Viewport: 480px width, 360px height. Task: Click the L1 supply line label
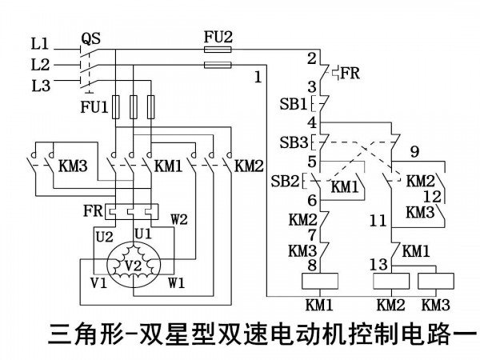pos(40,44)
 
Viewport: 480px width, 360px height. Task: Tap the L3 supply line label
pos(41,86)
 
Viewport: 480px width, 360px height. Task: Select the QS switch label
pos(91,39)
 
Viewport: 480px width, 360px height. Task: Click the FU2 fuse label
pos(218,38)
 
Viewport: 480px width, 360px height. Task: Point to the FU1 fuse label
pos(94,107)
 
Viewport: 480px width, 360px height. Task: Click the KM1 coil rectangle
pos(320,281)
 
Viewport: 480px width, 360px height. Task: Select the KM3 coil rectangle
pos(436,281)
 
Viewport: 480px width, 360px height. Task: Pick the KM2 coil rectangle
pos(391,281)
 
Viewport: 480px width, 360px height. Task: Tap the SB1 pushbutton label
pos(294,104)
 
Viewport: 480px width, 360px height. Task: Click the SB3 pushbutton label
pos(294,142)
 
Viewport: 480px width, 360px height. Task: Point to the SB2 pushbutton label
pos(285,182)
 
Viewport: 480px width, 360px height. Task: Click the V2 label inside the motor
pos(134,266)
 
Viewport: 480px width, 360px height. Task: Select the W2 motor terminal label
pos(179,219)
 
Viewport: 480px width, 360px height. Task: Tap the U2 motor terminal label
pos(105,237)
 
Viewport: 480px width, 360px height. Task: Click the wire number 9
pos(414,151)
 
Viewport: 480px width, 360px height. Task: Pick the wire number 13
pos(378,265)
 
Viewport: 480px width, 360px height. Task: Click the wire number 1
pos(258,78)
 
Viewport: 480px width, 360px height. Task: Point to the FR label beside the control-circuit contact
pos(350,73)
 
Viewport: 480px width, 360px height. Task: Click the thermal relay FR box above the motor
pos(132,212)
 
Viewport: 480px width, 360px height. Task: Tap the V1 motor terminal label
pos(99,282)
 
